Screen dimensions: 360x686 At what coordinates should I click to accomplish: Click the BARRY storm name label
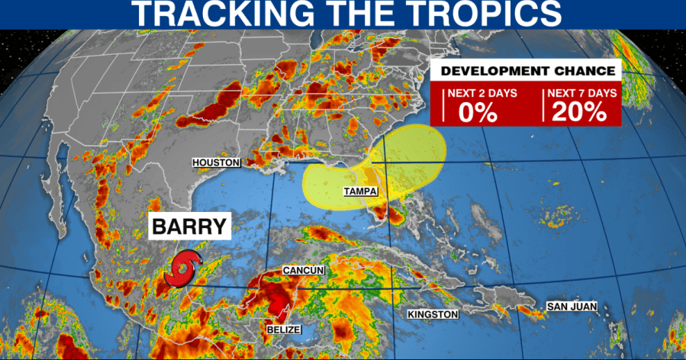[x=188, y=227]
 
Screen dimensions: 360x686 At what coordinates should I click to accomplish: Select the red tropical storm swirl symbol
[x=185, y=269]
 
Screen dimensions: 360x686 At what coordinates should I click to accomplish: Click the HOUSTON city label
[x=217, y=162]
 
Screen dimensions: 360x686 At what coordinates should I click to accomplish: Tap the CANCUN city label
[x=304, y=271]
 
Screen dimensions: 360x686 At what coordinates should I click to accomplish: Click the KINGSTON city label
[x=433, y=314]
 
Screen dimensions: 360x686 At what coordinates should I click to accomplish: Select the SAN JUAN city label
[x=572, y=307]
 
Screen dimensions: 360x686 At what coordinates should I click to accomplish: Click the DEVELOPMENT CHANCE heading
[x=525, y=71]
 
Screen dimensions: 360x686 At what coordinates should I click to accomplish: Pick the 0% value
[x=478, y=112]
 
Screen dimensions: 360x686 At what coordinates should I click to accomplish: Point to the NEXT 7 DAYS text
[x=581, y=93]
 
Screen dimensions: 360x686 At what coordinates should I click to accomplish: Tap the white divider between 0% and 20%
[x=543, y=104]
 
